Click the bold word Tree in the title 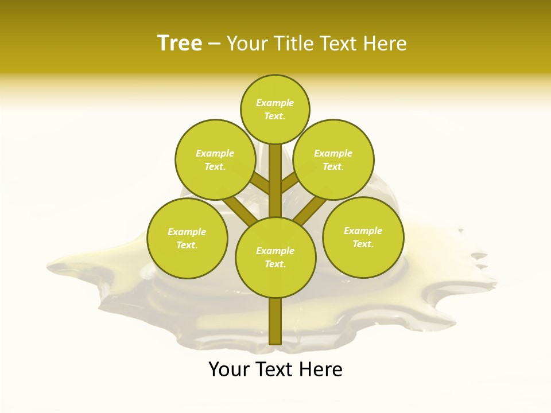point(180,44)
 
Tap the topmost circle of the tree point(275,109)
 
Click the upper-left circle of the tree point(215,159)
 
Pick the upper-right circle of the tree point(333,159)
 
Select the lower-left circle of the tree point(187,239)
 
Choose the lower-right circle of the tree point(363,237)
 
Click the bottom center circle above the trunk point(275,257)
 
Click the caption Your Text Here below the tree point(275,369)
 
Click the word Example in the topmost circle point(275,103)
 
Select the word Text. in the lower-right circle point(363,244)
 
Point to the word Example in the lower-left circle point(187,232)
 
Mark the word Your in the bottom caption point(228,369)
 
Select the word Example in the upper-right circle point(333,153)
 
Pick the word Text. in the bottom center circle point(275,264)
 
